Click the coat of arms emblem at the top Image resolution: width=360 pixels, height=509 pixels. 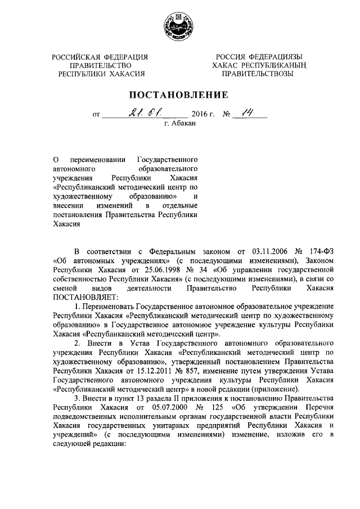(179, 26)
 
